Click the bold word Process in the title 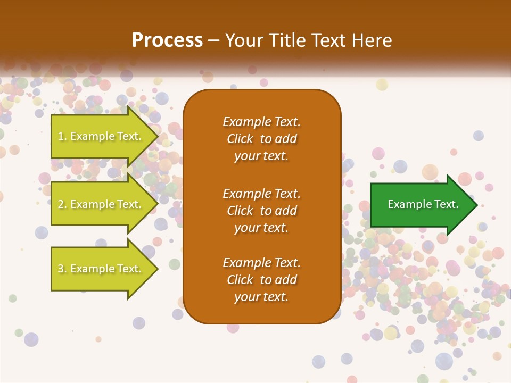[x=167, y=40]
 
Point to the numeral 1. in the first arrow [x=62, y=137]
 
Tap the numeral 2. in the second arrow [x=62, y=205]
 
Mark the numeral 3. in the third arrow [x=62, y=269]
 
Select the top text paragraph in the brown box [x=261, y=139]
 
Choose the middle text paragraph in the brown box [x=261, y=211]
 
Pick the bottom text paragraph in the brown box [x=261, y=280]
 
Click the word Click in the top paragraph [x=240, y=139]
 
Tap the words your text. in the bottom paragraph [x=261, y=297]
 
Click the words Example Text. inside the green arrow [x=423, y=204]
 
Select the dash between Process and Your [x=213, y=41]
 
